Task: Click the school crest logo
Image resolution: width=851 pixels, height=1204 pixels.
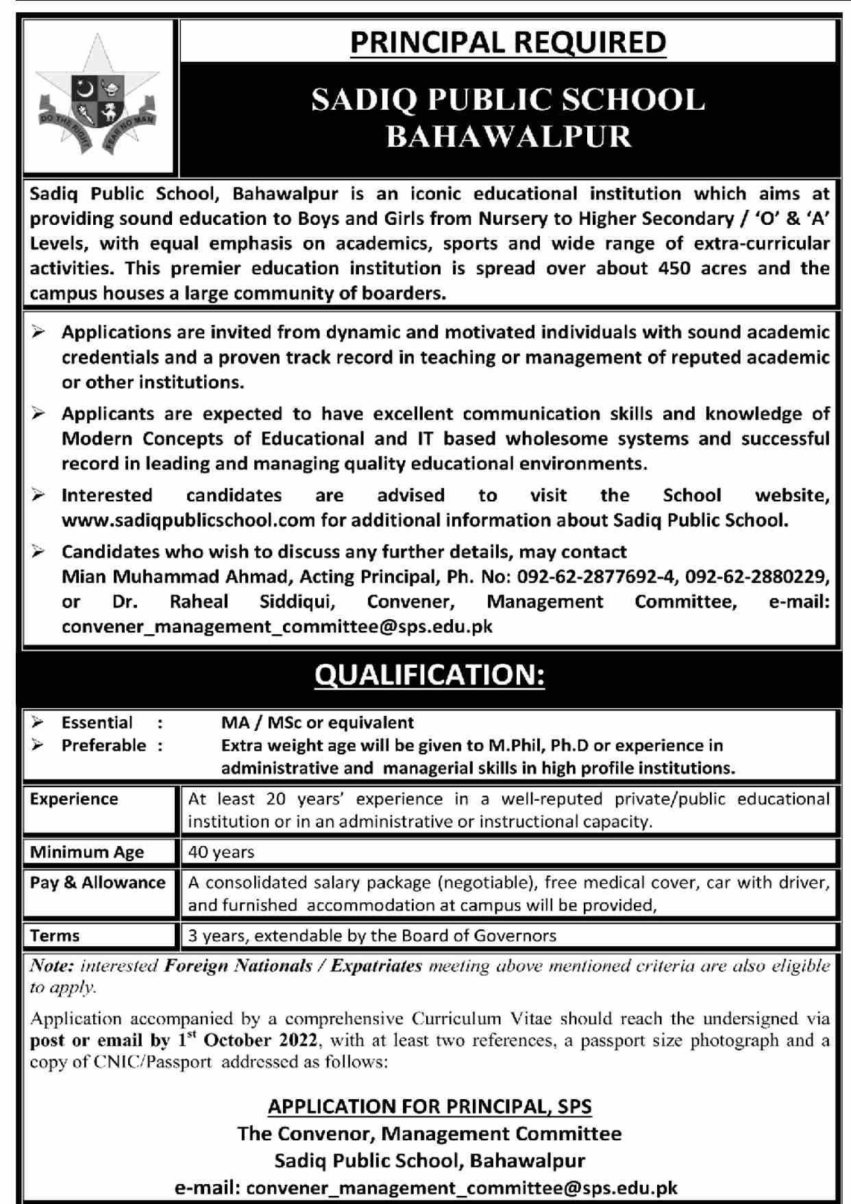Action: (97, 96)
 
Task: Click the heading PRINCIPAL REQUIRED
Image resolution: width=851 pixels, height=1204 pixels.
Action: (508, 43)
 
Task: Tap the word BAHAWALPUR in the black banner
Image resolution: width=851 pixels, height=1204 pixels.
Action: (508, 136)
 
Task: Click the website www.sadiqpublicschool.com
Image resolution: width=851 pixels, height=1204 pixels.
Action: (188, 520)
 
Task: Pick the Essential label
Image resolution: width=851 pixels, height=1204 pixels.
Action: (97, 723)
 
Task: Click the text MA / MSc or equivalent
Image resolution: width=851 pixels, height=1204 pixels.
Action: (317, 723)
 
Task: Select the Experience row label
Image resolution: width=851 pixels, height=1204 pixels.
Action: (74, 799)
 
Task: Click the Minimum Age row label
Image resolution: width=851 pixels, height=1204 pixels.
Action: (86, 852)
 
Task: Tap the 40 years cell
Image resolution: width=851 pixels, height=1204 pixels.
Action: (221, 852)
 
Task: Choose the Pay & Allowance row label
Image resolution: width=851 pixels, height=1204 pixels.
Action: (97, 883)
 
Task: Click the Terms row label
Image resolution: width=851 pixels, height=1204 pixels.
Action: (55, 936)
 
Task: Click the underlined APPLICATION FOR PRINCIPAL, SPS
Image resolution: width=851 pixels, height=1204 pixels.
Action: (430, 1107)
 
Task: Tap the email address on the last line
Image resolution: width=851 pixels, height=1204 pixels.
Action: (462, 1188)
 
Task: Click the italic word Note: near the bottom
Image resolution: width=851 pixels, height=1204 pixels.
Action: (51, 966)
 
